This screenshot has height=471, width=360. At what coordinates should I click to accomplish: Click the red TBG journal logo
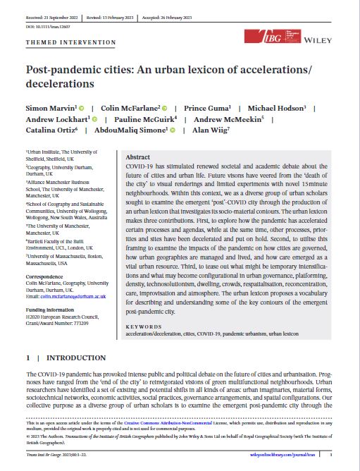click(263, 37)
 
